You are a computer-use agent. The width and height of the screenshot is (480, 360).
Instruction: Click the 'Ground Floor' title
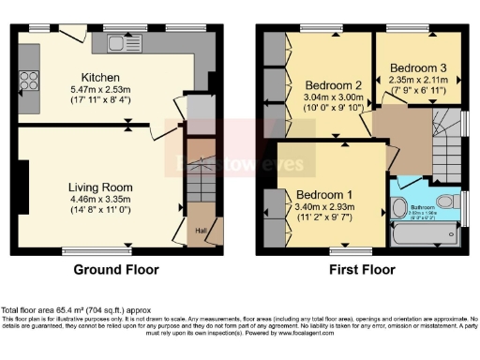pos(116,270)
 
